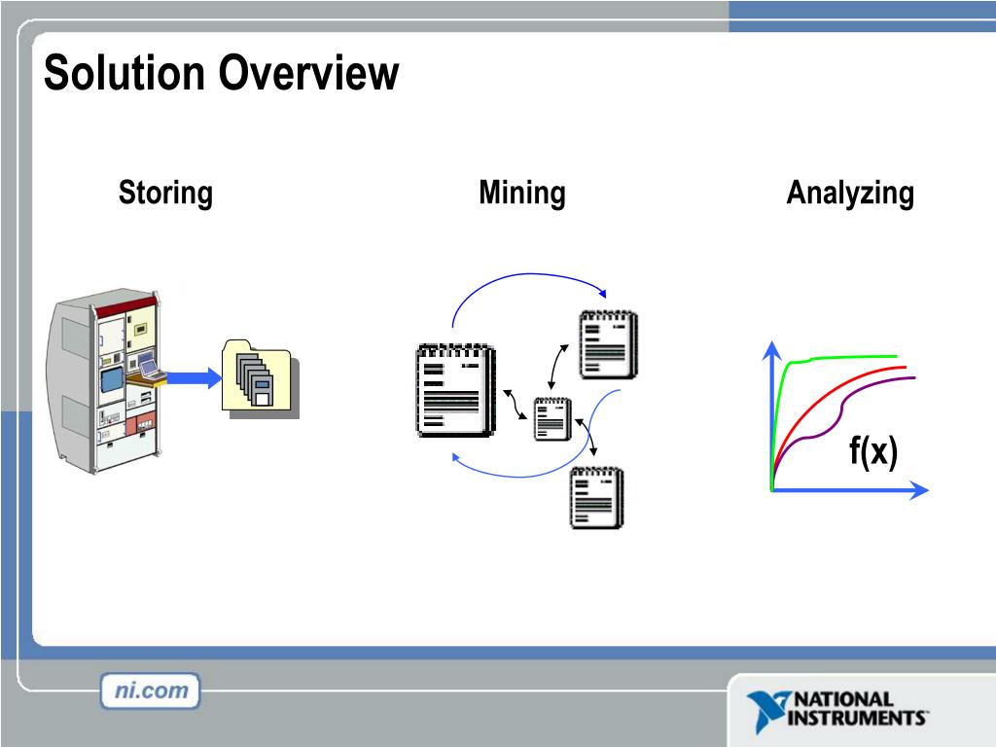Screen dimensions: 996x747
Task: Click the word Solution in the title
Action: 124,74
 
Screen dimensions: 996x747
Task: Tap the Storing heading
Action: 165,193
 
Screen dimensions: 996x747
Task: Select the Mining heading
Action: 521,193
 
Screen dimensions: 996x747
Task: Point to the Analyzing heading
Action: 849,193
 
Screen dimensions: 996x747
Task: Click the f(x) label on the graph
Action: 871,451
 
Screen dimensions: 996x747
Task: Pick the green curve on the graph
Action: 846,357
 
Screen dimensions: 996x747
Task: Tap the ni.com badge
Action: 150,692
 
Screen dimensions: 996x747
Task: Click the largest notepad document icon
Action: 453,389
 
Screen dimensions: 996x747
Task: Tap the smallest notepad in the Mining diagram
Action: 551,419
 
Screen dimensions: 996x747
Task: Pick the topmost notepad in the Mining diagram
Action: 608,344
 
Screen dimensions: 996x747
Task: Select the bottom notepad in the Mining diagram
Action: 596,497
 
